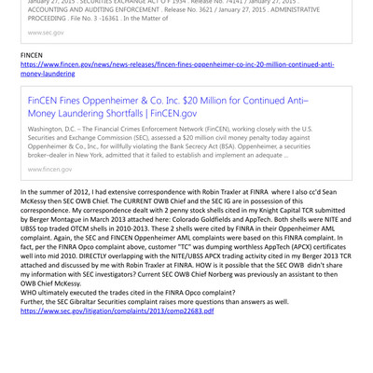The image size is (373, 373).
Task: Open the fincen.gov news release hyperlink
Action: pyautogui.click(x=177, y=64)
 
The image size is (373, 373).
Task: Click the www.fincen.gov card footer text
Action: pyautogui.click(x=49, y=169)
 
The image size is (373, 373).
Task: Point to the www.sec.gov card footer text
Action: pyautogui.click(x=46, y=33)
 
